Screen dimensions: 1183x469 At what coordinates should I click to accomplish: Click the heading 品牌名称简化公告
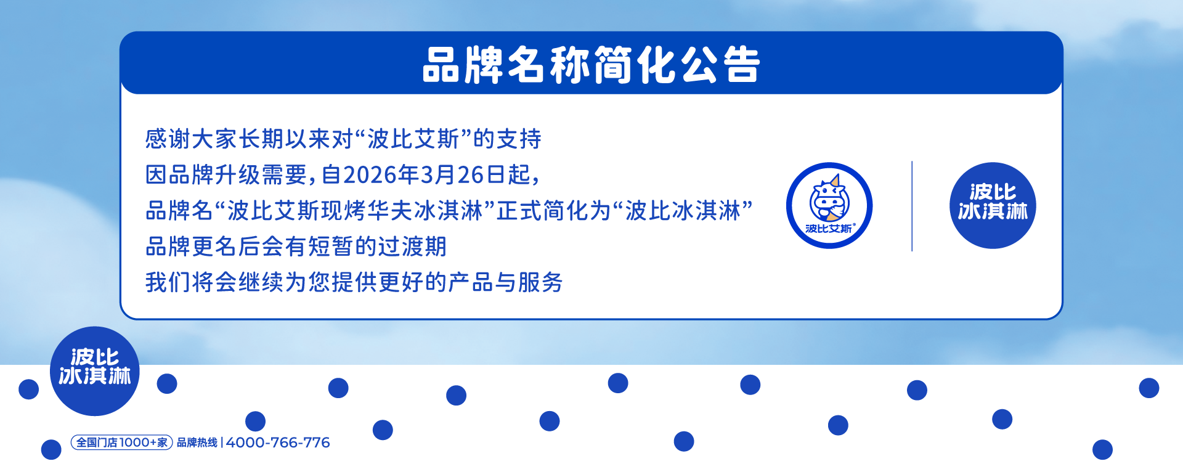(591, 65)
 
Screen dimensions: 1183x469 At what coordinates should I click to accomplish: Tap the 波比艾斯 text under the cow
(829, 229)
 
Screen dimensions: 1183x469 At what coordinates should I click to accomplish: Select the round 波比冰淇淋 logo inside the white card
(993, 205)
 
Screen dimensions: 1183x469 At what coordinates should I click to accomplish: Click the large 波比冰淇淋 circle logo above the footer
(95, 371)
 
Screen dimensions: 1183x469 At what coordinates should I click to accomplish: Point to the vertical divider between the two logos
(912, 206)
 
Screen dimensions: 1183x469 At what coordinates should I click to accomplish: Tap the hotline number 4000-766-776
(278, 442)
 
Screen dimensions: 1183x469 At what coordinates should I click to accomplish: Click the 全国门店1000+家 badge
(122, 442)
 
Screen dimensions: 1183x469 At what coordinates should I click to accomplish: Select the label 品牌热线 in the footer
(197, 442)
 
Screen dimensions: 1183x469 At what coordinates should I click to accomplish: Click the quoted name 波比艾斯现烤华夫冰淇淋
(355, 211)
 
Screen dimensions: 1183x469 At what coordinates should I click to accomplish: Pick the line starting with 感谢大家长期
(343, 139)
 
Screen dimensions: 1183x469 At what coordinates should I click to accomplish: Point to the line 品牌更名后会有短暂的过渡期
(296, 247)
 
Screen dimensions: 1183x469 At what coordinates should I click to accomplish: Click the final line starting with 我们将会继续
(354, 282)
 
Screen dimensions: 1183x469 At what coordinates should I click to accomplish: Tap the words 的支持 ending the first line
(507, 139)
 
